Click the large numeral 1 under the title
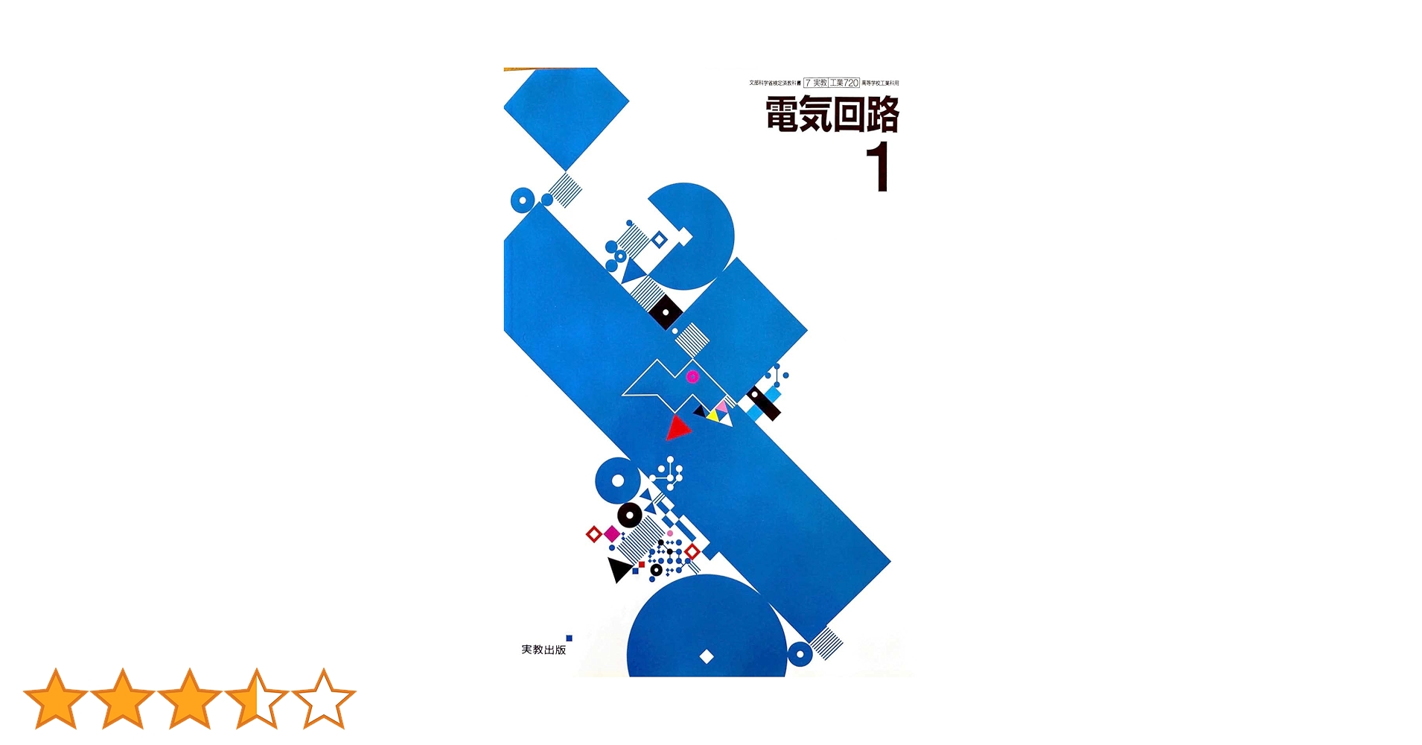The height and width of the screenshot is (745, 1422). (879, 168)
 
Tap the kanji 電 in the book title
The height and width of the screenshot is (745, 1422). (782, 115)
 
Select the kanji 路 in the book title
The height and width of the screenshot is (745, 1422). (883, 115)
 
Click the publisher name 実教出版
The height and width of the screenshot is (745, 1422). (543, 650)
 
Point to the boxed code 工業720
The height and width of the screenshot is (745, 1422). (844, 83)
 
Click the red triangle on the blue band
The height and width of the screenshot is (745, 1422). (677, 428)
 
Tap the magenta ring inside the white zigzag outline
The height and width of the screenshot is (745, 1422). (692, 376)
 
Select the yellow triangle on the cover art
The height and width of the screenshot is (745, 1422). (713, 414)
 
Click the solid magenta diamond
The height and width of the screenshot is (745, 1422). (612, 533)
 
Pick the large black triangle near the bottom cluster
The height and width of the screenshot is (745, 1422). (618, 569)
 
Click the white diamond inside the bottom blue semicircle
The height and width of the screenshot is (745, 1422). (707, 656)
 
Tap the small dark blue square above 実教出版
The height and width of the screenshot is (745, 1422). (569, 638)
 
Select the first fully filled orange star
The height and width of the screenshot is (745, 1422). (55, 699)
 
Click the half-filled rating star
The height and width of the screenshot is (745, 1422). (257, 699)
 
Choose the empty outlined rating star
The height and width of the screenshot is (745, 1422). (324, 699)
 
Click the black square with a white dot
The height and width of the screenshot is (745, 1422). (666, 312)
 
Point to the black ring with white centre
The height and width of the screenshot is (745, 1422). (629, 515)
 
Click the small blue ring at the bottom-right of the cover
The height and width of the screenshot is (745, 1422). (800, 655)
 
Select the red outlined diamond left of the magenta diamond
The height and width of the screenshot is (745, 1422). (593, 534)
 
